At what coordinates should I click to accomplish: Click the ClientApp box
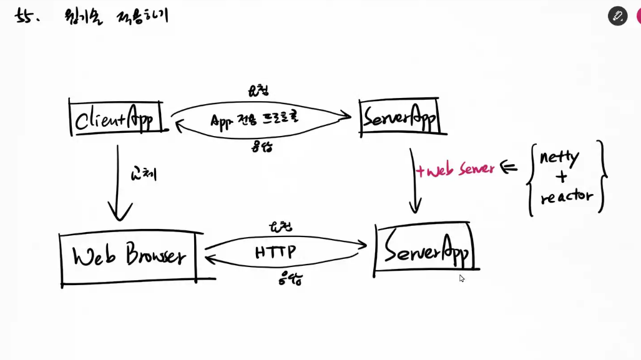click(x=116, y=117)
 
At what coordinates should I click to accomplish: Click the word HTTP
click(x=275, y=252)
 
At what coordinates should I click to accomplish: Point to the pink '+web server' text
click(x=456, y=169)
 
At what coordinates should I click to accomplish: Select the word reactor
click(x=566, y=198)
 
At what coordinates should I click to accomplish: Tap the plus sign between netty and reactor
click(x=561, y=177)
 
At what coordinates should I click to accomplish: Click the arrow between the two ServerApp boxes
click(x=414, y=181)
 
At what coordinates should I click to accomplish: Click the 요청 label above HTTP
click(x=280, y=226)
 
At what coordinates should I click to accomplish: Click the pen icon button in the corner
click(x=617, y=16)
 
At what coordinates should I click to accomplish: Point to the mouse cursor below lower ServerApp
click(x=462, y=278)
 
